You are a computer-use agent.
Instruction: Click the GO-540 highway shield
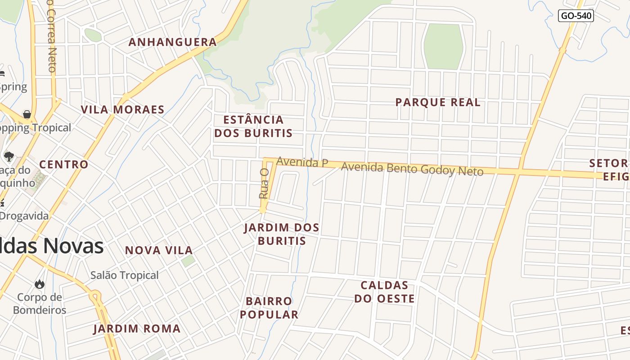(x=576, y=16)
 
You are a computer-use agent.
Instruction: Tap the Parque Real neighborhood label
(x=438, y=103)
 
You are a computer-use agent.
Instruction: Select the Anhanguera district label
(x=173, y=42)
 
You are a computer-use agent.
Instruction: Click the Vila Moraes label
(x=122, y=110)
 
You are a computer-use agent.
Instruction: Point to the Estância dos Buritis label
(x=253, y=126)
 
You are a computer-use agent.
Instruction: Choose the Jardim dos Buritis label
(x=282, y=234)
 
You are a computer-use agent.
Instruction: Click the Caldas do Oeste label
(x=384, y=292)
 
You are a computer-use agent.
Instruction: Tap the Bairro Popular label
(x=269, y=308)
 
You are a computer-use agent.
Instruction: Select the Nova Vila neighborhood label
(x=159, y=250)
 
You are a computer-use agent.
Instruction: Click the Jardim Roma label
(x=137, y=329)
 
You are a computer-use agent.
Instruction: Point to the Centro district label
(x=64, y=165)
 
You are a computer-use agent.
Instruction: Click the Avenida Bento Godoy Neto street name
(x=412, y=169)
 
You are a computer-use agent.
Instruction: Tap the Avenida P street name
(x=302, y=162)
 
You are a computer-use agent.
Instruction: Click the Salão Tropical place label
(x=125, y=275)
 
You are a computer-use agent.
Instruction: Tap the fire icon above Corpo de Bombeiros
(x=40, y=284)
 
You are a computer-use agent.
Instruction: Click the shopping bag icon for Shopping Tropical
(x=27, y=114)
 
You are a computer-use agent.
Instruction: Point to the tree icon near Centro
(x=9, y=157)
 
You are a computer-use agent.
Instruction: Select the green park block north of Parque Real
(x=443, y=47)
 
